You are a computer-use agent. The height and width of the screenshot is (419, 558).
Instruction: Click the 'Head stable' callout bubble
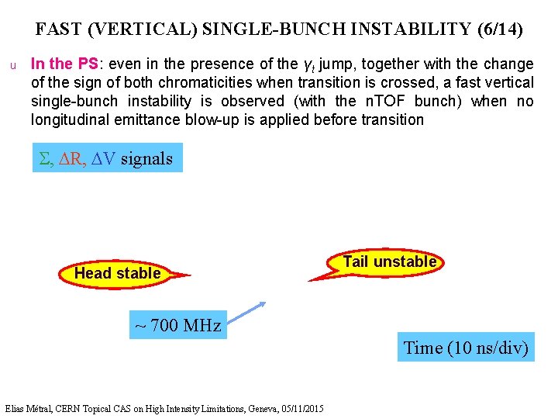(x=117, y=273)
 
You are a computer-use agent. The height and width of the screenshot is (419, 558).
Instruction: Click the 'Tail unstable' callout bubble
(x=389, y=262)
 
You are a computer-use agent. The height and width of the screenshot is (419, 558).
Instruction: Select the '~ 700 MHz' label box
(x=177, y=325)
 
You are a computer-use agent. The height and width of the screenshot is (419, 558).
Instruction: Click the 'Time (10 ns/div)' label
(x=467, y=348)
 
